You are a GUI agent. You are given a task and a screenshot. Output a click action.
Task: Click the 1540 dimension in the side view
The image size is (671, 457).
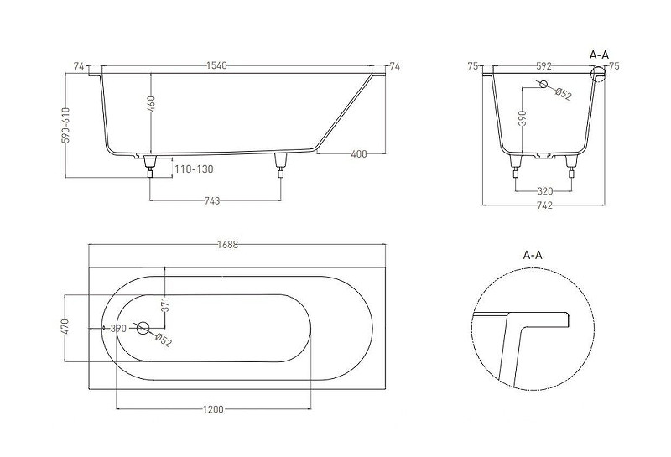click(216, 66)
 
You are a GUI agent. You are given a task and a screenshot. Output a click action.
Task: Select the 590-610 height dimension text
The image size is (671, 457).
click(66, 125)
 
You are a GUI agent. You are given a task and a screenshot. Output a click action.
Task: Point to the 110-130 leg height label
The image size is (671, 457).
click(194, 169)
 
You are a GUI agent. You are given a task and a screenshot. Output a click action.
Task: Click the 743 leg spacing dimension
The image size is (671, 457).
click(212, 200)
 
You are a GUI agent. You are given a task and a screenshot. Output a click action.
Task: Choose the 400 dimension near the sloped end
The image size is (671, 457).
click(359, 153)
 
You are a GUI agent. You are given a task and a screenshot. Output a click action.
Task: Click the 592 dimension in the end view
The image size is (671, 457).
click(544, 66)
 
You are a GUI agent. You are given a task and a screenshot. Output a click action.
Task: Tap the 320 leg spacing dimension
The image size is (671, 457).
click(544, 191)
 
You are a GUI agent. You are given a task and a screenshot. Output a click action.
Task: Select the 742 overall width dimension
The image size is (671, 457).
click(544, 205)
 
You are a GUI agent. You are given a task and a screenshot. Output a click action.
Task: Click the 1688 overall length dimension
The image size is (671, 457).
click(227, 245)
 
